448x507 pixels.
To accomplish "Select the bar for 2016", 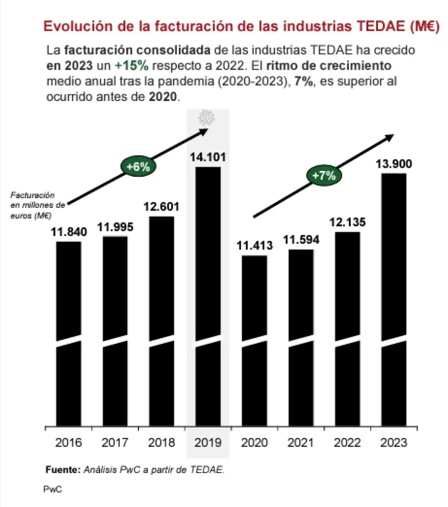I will [x=69, y=334].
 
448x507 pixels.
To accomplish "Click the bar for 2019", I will [x=208, y=295].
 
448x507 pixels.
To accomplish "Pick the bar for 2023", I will [x=394, y=300].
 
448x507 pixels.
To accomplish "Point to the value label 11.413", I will [x=255, y=246].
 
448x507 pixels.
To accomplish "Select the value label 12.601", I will [x=162, y=207].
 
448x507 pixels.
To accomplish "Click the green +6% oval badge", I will [x=139, y=167].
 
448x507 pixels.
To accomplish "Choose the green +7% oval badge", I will [x=324, y=175].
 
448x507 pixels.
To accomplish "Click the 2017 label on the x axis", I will [x=115, y=443].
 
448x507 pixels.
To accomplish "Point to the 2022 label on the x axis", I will [x=347, y=443].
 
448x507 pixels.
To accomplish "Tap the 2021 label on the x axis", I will [x=301, y=443].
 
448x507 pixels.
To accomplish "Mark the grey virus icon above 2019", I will [x=207, y=117].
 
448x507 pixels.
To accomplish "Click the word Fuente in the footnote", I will [x=63, y=470].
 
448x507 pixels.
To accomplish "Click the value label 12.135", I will [x=347, y=223].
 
